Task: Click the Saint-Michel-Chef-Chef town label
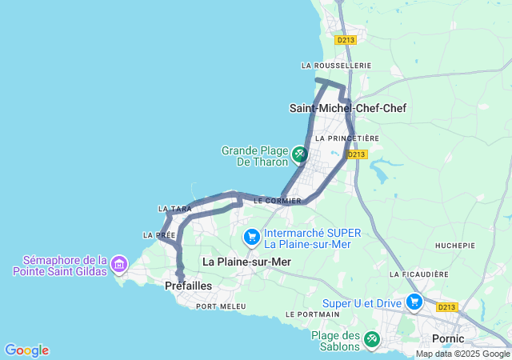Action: pyautogui.click(x=352, y=108)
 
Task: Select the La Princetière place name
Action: pyautogui.click(x=347, y=138)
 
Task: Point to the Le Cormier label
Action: pyautogui.click(x=278, y=202)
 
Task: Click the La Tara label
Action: pyautogui.click(x=175, y=210)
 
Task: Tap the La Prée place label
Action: pyautogui.click(x=158, y=235)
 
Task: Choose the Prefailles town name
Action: pyautogui.click(x=189, y=286)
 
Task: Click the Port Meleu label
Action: pyautogui.click(x=221, y=306)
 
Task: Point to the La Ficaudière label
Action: pyautogui.click(x=420, y=274)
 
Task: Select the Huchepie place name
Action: pyautogui.click(x=454, y=245)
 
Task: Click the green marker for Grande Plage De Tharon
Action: pyautogui.click(x=299, y=153)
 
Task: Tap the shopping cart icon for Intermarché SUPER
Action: pyautogui.click(x=252, y=236)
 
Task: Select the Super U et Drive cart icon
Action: pyautogui.click(x=414, y=302)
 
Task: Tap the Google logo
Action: pyautogui.click(x=26, y=350)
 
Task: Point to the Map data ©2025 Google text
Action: pyautogui.click(x=462, y=354)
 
